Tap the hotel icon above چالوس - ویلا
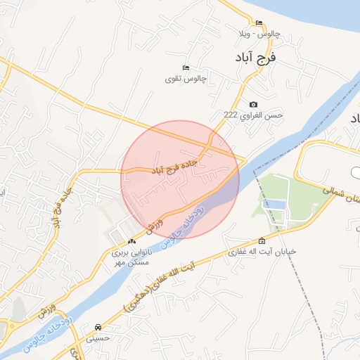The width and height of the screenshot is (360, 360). tap(258, 22)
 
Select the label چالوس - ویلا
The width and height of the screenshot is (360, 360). tap(258, 33)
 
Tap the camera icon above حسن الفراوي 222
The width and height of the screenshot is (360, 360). tap(253, 104)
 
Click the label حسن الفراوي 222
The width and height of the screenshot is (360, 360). tap(252, 115)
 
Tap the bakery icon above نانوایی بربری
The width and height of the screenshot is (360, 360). tap(131, 241)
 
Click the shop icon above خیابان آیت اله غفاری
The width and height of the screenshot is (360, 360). tap(262, 240)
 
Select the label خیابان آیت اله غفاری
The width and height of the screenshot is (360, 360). tap(262, 251)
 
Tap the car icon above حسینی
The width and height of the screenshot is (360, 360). tap(98, 327)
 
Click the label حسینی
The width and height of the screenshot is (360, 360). tap(98, 337)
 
